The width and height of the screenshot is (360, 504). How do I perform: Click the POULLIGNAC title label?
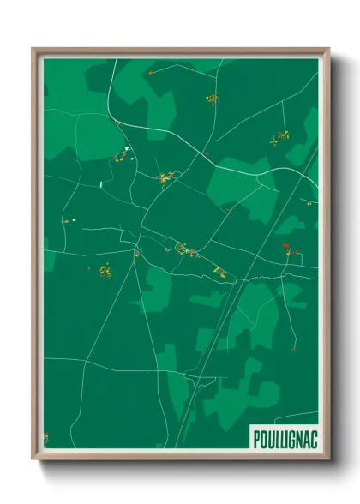tap(284, 439)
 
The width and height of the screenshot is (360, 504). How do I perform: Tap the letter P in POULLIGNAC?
tap(257, 439)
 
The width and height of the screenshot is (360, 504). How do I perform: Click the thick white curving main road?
tap(197, 151)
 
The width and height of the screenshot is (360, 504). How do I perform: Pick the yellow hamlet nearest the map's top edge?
tap(211, 99)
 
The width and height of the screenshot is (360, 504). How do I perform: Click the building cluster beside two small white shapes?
tap(117, 157)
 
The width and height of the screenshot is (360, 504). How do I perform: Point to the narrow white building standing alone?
tap(100, 182)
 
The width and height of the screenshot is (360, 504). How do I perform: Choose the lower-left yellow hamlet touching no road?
tap(105, 271)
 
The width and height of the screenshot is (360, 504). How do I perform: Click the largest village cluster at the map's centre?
tap(185, 250)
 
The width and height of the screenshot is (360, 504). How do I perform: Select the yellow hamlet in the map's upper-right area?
tap(280, 135)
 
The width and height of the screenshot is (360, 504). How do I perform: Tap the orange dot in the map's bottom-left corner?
tap(46, 439)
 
